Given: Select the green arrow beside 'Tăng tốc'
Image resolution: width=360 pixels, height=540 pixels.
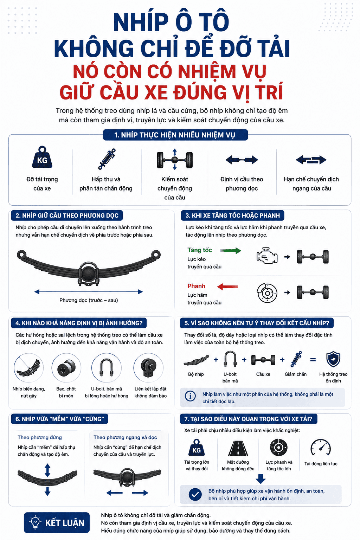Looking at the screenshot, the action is pos(231,250).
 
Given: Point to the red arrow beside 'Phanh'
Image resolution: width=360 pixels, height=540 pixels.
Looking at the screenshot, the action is pos(227,287).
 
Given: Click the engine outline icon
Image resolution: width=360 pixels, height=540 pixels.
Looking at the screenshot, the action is pos(267,256).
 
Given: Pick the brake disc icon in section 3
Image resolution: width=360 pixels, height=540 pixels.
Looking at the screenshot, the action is pos(267,292).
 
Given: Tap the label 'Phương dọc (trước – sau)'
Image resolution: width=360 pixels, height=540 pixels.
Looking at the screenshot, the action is pos(89,300).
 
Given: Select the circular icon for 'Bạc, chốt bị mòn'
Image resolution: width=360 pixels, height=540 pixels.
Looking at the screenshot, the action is pos(66,368).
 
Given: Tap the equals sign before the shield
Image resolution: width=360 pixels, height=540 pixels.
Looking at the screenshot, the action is pos(313,360).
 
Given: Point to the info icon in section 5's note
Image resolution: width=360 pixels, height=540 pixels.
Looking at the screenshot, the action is pos(190,396).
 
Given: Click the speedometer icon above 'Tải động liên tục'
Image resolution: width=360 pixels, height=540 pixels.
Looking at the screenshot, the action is pos(321,448).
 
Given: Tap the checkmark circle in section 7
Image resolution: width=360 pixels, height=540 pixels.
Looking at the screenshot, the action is pos(195,494).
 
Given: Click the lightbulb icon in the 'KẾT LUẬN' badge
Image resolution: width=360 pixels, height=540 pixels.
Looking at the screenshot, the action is pos(35,522).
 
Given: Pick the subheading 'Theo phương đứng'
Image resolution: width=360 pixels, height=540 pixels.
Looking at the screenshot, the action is pos(39,437).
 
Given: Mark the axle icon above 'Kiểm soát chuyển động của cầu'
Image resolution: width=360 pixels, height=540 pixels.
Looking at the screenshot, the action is pos(175,160).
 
